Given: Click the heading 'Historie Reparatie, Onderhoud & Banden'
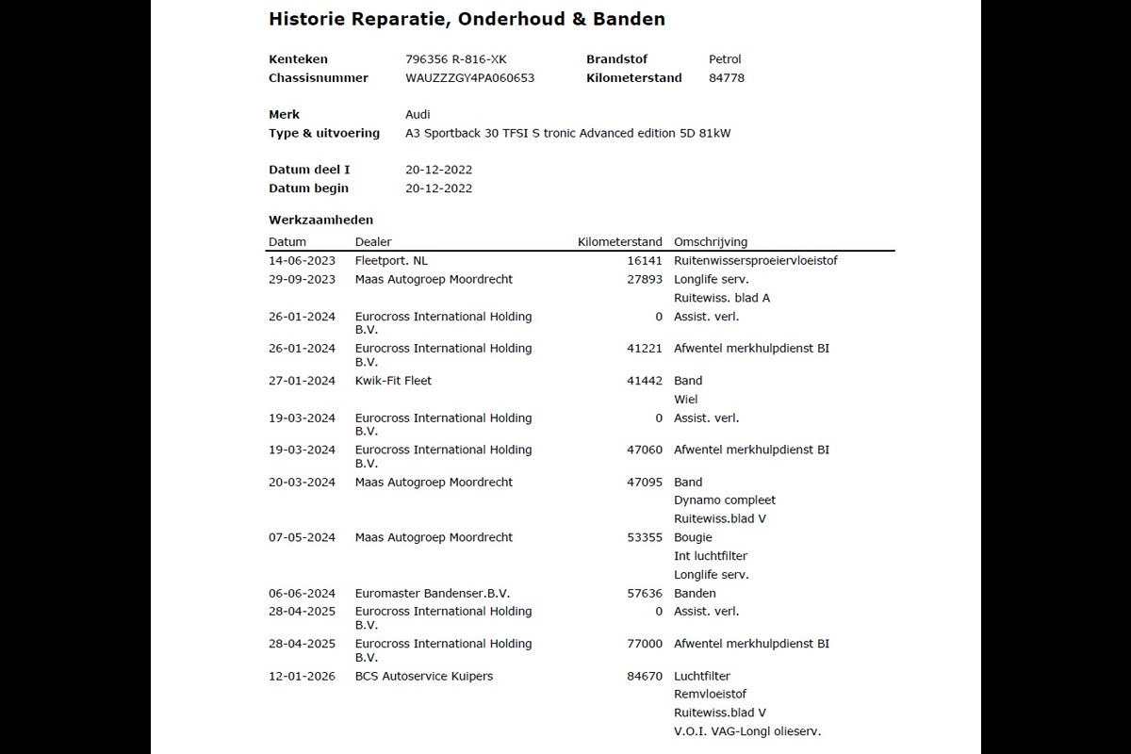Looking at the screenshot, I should click(x=467, y=19).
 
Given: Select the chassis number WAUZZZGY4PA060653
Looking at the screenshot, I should click(x=469, y=78).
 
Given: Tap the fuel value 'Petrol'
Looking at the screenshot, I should click(x=725, y=59).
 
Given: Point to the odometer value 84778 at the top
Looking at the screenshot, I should click(x=727, y=78).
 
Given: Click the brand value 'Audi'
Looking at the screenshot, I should click(x=418, y=115).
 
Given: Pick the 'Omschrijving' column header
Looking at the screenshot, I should click(x=711, y=242).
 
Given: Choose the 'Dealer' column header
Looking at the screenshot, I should click(x=373, y=242).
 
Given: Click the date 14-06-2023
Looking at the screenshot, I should click(x=302, y=261).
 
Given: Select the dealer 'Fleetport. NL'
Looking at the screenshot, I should click(x=391, y=261).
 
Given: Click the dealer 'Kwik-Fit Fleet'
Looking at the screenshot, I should click(x=393, y=381).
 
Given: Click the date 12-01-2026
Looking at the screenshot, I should click(x=302, y=676).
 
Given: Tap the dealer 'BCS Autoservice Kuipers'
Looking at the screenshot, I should click(x=424, y=676).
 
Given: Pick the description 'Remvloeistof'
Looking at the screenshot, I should click(x=710, y=695).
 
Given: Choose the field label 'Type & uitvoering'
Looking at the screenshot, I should click(x=324, y=134).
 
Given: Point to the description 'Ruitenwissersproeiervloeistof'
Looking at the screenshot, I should click(x=756, y=261).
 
